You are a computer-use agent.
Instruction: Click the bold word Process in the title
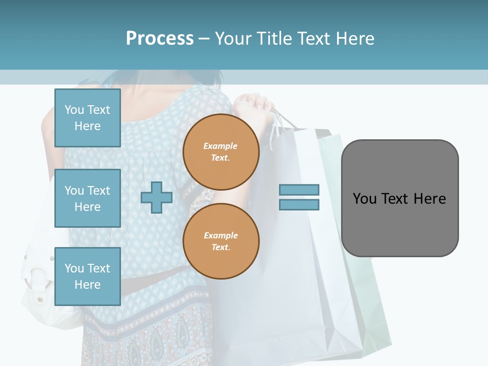pos(160,38)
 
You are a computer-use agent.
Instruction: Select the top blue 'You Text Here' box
pos(87,118)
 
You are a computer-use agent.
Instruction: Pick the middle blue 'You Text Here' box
pos(87,198)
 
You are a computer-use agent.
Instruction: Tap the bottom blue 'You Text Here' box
pos(87,276)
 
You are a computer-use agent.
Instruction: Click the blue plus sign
pos(157,197)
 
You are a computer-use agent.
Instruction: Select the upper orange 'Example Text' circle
pos(221,152)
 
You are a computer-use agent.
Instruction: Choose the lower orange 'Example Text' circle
pos(221,241)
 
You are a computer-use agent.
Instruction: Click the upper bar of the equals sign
pos(299,190)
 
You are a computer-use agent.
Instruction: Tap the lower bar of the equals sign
pos(299,205)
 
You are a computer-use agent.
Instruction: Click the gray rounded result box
pos(400,198)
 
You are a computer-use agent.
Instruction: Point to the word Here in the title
pos(355,38)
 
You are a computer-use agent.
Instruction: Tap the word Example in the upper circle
pos(221,146)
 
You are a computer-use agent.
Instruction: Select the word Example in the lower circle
pos(221,235)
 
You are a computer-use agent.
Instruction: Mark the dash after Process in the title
pos(204,38)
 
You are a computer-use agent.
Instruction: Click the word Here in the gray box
pos(430,198)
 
